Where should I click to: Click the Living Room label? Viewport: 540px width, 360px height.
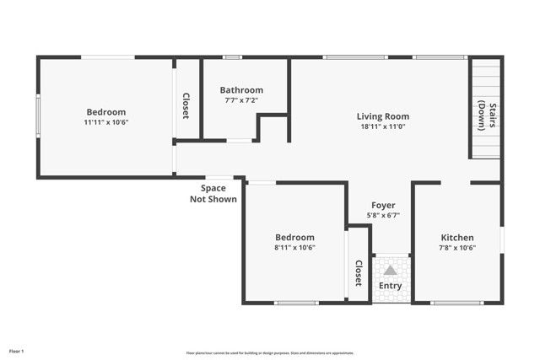pyautogui.click(x=382, y=116)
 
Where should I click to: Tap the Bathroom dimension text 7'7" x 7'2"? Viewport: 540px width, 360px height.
pyautogui.click(x=241, y=100)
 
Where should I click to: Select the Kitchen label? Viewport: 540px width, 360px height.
pyautogui.click(x=456, y=238)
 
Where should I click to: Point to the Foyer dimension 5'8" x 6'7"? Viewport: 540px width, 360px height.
pyautogui.click(x=382, y=215)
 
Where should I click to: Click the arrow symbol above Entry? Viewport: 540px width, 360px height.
pyautogui.click(x=390, y=271)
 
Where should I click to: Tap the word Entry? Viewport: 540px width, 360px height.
pyautogui.click(x=390, y=286)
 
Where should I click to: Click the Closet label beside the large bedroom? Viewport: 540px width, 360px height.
pyautogui.click(x=186, y=106)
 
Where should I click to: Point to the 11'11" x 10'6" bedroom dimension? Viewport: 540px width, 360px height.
pyautogui.click(x=105, y=122)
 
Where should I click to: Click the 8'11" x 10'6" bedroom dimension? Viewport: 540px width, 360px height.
pyautogui.click(x=294, y=248)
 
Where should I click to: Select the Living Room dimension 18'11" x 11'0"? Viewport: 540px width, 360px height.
pyautogui.click(x=382, y=126)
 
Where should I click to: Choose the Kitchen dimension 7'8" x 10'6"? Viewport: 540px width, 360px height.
pyautogui.click(x=456, y=248)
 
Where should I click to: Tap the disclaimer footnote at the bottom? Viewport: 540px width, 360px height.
pyautogui.click(x=270, y=353)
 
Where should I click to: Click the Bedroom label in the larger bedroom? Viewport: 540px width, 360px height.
pyautogui.click(x=105, y=112)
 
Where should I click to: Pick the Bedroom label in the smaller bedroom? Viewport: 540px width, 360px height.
pyautogui.click(x=294, y=238)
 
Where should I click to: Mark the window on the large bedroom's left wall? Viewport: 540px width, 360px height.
pyautogui.click(x=37, y=116)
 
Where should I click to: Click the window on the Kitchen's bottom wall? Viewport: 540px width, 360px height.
pyautogui.click(x=456, y=302)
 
